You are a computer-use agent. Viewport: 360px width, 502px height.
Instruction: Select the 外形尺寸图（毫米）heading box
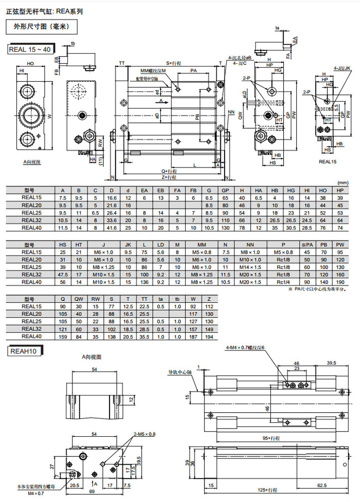tap(41, 27)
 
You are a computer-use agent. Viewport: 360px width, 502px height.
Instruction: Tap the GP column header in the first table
tap(226, 190)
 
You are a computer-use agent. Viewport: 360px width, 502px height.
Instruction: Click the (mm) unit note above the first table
tap(343, 183)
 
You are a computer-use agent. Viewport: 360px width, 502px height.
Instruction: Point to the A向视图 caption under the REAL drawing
tap(32, 163)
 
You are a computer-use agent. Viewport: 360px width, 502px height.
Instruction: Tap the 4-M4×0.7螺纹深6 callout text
tap(245, 347)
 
